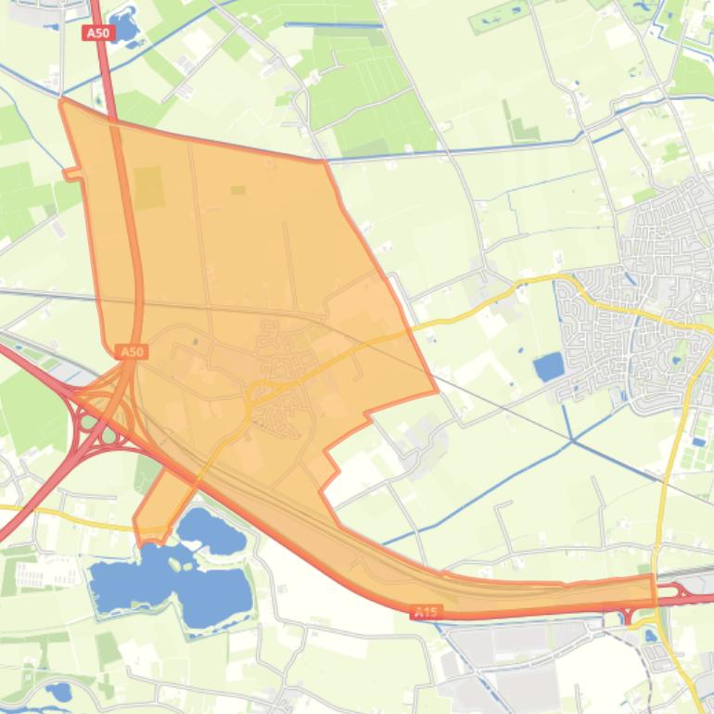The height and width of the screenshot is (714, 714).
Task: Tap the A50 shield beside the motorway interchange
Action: click(132, 352)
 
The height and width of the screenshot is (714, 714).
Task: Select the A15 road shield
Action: click(426, 612)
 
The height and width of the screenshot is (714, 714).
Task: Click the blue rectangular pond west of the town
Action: click(548, 366)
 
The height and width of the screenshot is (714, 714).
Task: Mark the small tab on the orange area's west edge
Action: click(70, 172)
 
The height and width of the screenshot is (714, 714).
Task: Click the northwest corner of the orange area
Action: click(61, 100)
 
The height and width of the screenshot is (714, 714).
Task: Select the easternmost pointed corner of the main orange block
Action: click(435, 390)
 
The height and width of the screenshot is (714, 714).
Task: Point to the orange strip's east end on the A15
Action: click(652, 589)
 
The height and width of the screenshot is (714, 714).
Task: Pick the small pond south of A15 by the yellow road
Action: click(649, 636)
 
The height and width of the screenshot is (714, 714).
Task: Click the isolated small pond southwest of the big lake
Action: click(58, 690)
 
